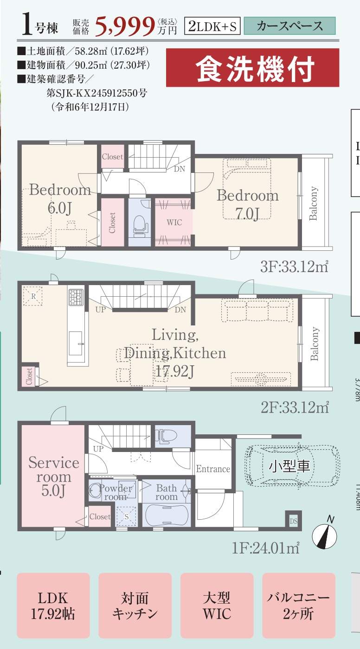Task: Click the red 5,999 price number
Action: pyautogui.click(x=125, y=27)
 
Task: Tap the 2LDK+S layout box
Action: pyautogui.click(x=212, y=26)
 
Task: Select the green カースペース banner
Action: pyautogui.click(x=289, y=26)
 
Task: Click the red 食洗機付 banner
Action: pyautogui.click(x=252, y=68)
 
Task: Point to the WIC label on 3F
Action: pyautogui.click(x=174, y=223)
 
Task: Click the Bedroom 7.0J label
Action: pyautogui.click(x=248, y=204)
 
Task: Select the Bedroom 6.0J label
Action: pyautogui.click(x=60, y=198)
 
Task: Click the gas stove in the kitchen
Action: pyautogui.click(x=76, y=297)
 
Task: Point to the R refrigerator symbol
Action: pyautogui.click(x=33, y=296)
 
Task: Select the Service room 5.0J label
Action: pyautogui.click(x=54, y=477)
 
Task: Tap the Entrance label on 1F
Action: pyautogui.click(x=213, y=469)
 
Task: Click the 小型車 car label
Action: pyautogui.click(x=289, y=466)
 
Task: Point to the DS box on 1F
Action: pyautogui.click(x=293, y=521)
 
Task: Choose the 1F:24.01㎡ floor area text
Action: pyautogui.click(x=266, y=548)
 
